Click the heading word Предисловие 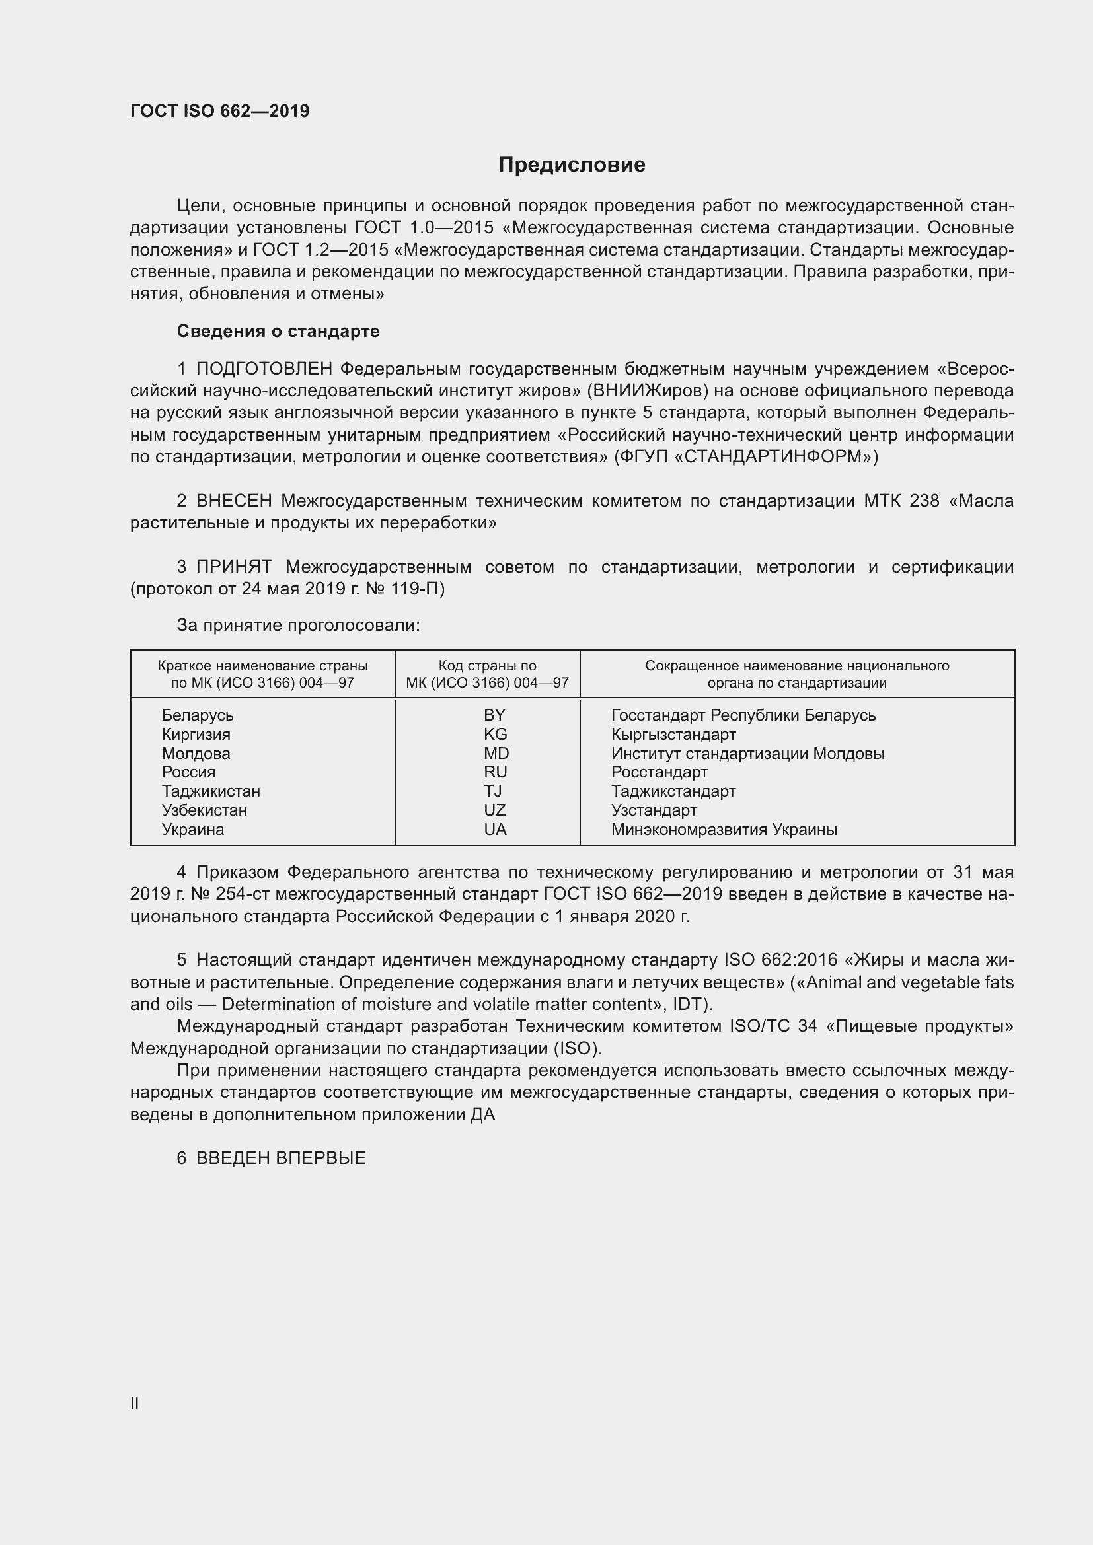pos(572,165)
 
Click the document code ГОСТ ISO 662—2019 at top pos(219,111)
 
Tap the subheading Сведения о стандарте pos(278,331)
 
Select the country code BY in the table pos(494,715)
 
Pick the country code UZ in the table pos(494,810)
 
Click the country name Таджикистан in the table pos(211,791)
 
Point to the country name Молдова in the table pos(196,754)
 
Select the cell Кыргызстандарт pos(673,734)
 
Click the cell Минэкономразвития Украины pos(724,830)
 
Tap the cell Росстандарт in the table pos(659,773)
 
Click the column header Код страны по pos(487,666)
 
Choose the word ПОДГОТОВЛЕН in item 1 pos(264,369)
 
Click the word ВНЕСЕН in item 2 pos(233,501)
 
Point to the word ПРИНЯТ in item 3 pos(233,567)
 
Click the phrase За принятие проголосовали pos(297,626)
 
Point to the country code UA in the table pos(495,830)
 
